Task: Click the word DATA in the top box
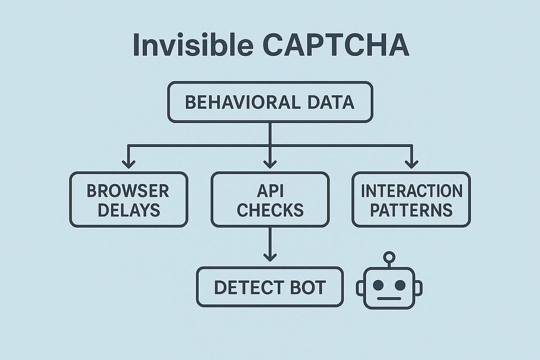328,102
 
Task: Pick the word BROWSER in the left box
128,191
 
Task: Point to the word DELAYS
128,210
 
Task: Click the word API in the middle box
270,191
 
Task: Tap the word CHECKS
270,210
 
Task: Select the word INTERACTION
411,191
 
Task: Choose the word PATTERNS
411,210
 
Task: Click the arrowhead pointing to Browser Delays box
128,163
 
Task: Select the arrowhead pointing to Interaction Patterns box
411,163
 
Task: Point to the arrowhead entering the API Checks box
270,163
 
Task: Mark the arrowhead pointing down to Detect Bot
270,256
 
